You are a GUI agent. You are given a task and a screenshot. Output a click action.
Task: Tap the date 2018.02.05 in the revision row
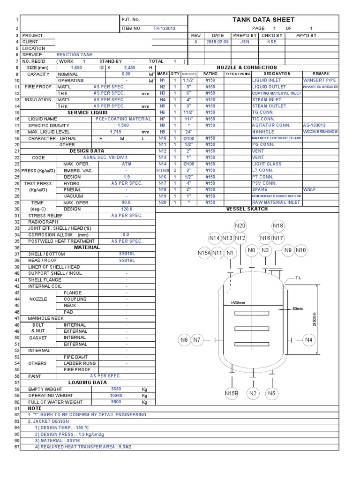coord(218,42)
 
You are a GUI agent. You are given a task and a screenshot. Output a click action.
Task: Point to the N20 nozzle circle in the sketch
coord(240,226)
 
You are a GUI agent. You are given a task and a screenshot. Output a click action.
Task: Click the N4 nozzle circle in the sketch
coord(308,340)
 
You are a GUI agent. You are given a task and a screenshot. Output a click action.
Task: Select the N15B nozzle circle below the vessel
coord(232,393)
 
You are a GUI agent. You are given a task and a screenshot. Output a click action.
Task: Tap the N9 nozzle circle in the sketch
coord(288,250)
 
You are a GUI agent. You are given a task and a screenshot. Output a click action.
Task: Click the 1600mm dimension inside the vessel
coord(238,303)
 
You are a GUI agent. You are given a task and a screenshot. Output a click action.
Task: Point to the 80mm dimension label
coord(298,309)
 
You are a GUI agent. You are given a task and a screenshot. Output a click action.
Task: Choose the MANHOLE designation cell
coord(264,132)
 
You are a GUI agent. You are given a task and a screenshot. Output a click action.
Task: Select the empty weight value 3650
coord(116,389)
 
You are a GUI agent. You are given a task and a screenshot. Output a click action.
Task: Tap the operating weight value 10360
coord(116,396)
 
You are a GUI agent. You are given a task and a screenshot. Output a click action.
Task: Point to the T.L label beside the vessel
coord(298,278)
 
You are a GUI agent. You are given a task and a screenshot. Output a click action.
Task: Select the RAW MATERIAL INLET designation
coord(277,202)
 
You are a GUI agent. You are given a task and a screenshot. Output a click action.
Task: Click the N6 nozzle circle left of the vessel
coord(184,340)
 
